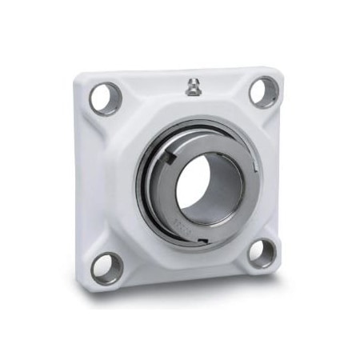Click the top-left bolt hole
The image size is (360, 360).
click(104, 98)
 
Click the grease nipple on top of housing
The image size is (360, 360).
click(193, 87)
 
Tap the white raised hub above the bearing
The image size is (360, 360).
click(192, 112)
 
